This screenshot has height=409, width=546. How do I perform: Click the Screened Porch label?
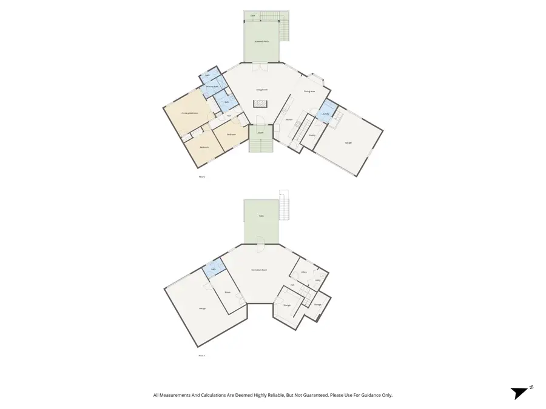[x=261, y=42]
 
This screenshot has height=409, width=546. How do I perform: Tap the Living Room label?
[x=261, y=90]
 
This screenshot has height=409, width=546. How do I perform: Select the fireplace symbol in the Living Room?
[x=261, y=104]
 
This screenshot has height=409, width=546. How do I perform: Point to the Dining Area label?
[x=309, y=91]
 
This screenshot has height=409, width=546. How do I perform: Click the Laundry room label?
[x=325, y=114]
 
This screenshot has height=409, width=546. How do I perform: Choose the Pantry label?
[x=312, y=135]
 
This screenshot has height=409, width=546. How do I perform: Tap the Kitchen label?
[x=289, y=120]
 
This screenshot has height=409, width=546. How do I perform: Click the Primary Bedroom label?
[x=190, y=113]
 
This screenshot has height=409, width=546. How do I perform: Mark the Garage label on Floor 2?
[x=348, y=143]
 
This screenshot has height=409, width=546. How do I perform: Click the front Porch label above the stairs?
[x=260, y=132]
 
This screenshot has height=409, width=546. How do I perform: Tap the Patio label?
[x=261, y=216]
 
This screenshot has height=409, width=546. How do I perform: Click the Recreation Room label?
[x=260, y=270]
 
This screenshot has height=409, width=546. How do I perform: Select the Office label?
[x=304, y=273]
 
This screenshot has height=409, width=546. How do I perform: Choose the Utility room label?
[x=318, y=281]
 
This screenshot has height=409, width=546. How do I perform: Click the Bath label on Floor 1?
[x=214, y=269]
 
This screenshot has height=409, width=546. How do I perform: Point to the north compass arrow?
[x=519, y=393]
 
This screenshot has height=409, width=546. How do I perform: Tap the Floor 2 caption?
[x=202, y=176]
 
